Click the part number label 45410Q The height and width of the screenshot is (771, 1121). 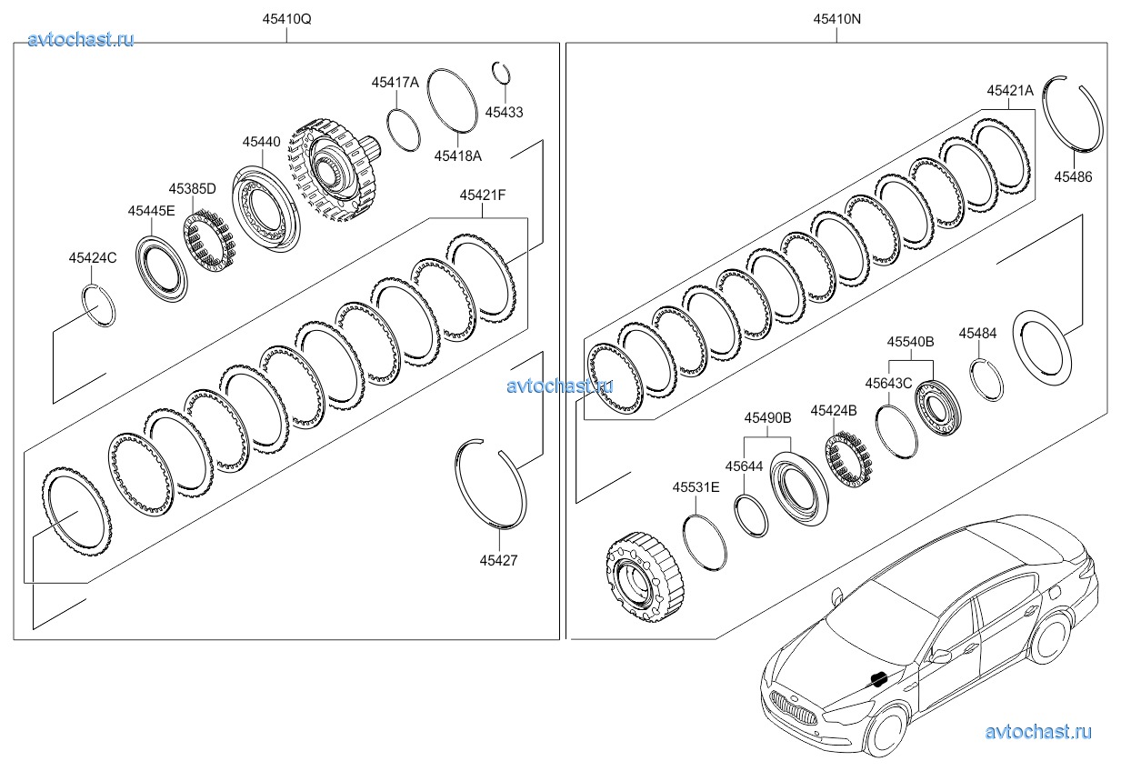(x=286, y=19)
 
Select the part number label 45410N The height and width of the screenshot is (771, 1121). (x=836, y=19)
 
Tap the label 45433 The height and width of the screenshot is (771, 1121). (x=504, y=112)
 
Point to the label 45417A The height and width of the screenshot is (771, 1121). (x=395, y=82)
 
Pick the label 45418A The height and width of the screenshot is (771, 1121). (x=457, y=155)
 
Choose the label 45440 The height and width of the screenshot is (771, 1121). (x=261, y=142)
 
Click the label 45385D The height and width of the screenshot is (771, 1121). (x=192, y=188)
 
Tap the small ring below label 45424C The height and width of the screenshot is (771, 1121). (x=99, y=305)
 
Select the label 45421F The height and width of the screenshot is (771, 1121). (x=483, y=195)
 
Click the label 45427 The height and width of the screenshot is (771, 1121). (x=498, y=560)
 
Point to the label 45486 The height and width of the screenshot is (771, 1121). (x=1073, y=177)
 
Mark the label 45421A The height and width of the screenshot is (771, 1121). (x=1010, y=90)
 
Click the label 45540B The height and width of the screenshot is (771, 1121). (x=911, y=342)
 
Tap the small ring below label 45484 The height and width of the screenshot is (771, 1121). (x=986, y=379)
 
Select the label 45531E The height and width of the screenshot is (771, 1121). (x=696, y=487)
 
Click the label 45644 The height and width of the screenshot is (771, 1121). (x=744, y=466)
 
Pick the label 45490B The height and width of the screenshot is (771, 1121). (x=767, y=417)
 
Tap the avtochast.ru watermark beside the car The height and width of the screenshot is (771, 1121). (x=1037, y=731)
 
